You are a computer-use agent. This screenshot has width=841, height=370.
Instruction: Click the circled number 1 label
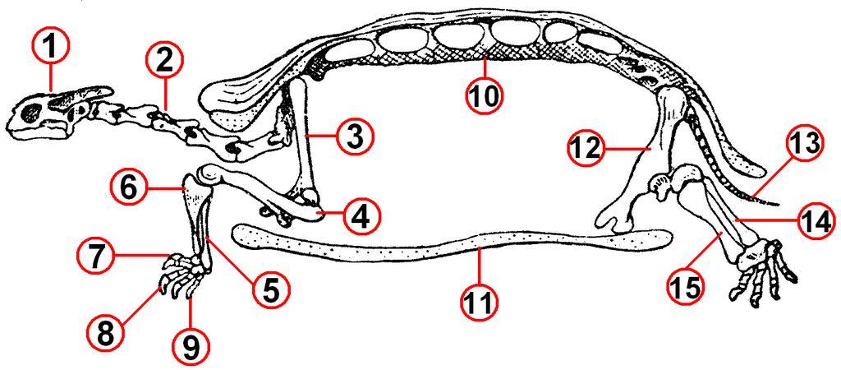tap(51, 47)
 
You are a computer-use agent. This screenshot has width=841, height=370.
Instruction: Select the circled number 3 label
tap(353, 137)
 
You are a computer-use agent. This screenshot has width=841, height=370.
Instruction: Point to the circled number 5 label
tap(270, 290)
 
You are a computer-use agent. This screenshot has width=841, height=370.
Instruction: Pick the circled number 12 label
tap(586, 148)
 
